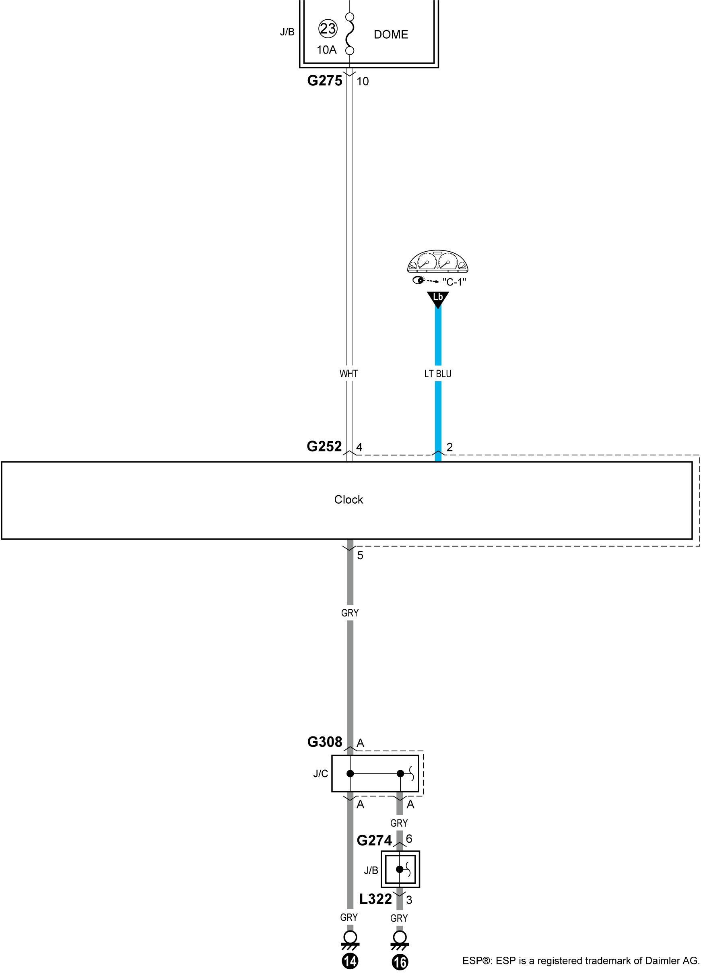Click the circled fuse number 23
(328, 29)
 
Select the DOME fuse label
(391, 34)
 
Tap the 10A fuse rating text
(327, 50)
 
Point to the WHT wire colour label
(348, 374)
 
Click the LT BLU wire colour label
(438, 374)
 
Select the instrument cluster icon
(437, 262)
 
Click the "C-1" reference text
(454, 282)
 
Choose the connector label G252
(324, 447)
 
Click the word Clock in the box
(348, 499)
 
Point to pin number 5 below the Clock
(360, 555)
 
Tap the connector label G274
(374, 840)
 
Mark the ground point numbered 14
(350, 961)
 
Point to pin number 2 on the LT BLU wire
(449, 447)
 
